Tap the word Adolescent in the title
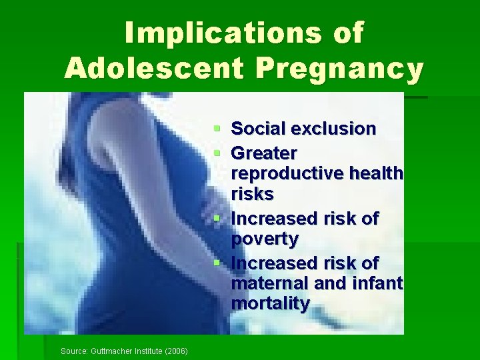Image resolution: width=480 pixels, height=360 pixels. point(151,68)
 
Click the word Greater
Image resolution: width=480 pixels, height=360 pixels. point(264,153)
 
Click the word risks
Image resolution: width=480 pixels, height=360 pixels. point(252,194)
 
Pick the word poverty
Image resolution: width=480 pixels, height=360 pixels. point(265,239)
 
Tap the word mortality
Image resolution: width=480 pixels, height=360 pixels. point(270,304)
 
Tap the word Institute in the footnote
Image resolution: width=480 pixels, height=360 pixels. point(145,351)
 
